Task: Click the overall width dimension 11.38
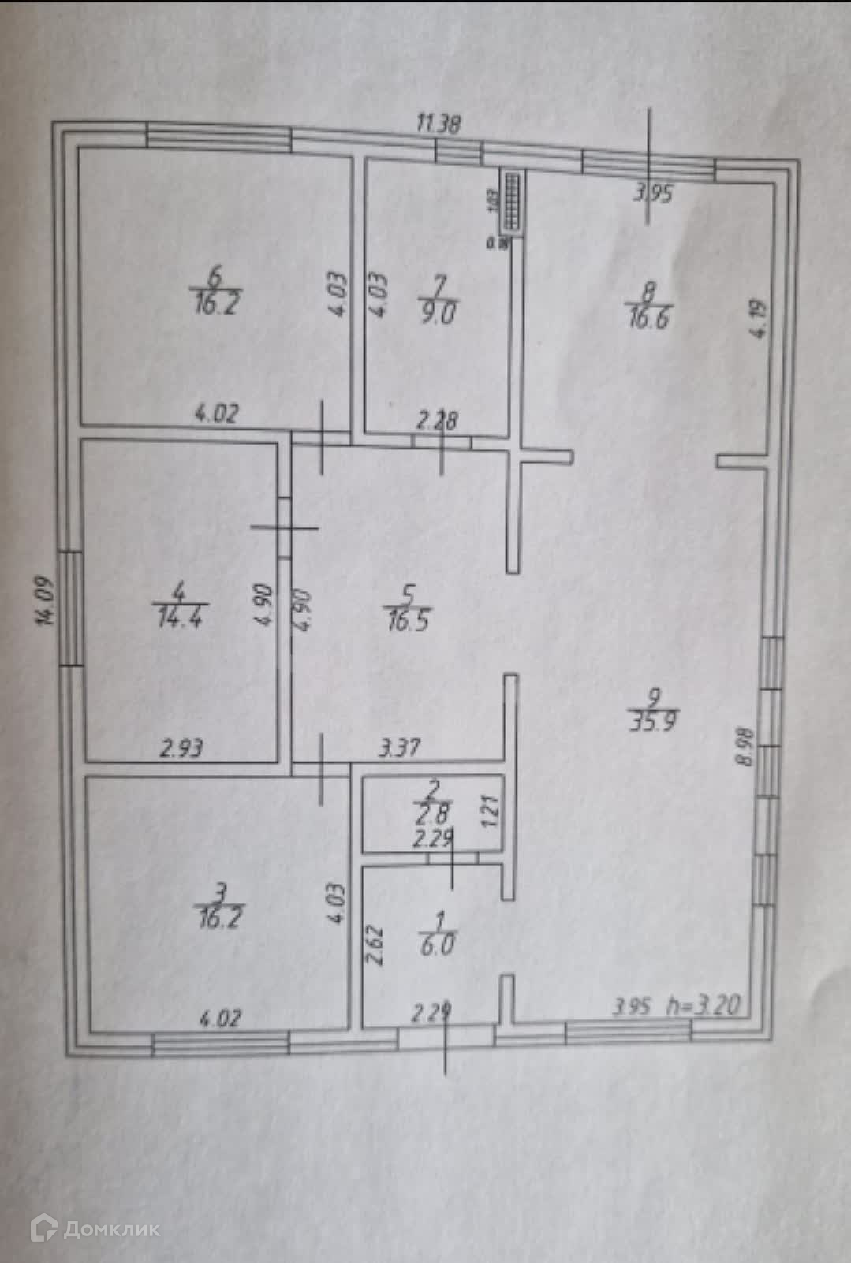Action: (439, 124)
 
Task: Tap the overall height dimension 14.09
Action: (48, 602)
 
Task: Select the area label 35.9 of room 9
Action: (654, 721)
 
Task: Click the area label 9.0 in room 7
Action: (438, 313)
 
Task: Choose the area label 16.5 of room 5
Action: (409, 620)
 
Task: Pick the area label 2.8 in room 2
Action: (434, 814)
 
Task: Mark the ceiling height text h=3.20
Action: (704, 1006)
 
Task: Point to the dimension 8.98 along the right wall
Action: (743, 747)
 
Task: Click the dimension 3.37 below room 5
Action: (399, 747)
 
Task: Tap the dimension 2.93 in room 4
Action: (181, 747)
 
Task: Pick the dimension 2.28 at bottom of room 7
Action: (437, 420)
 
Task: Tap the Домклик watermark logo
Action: (95, 1228)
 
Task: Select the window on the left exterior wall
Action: (71, 607)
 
